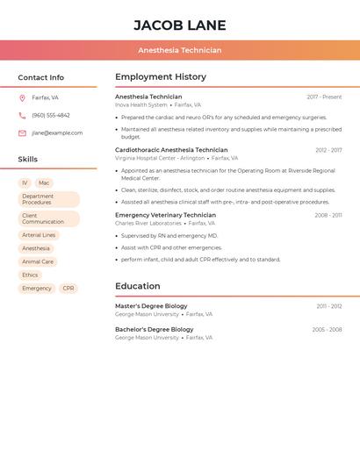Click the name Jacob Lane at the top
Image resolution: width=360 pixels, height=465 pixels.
tap(180, 25)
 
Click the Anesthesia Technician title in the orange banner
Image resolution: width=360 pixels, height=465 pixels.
tap(180, 50)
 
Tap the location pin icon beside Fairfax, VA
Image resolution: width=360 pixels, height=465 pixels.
tap(22, 97)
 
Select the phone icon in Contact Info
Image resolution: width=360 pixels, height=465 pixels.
tap(22, 115)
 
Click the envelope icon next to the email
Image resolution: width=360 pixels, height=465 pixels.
tap(22, 133)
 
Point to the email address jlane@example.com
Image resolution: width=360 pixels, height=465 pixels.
tap(57, 133)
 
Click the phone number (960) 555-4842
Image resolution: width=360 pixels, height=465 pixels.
tap(51, 115)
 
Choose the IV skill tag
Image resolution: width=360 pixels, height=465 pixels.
tap(25, 182)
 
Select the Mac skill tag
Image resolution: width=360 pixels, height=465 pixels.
tap(44, 182)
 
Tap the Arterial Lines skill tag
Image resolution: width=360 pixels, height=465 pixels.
tap(39, 235)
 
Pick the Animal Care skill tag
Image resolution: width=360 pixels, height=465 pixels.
tap(38, 261)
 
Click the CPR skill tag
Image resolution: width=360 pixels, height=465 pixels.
tap(68, 288)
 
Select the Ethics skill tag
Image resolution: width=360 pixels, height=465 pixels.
tap(30, 275)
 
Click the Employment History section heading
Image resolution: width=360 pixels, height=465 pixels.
tap(161, 77)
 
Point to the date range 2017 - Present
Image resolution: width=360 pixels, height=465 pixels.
tap(324, 97)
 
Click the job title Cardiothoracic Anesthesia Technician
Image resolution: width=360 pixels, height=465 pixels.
tap(171, 150)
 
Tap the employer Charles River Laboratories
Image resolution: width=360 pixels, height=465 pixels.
tap(148, 223)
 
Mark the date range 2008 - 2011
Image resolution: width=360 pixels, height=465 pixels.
tap(328, 215)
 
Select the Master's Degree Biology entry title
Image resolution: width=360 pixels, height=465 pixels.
tap(151, 306)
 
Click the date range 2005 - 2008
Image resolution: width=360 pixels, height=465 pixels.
tap(327, 330)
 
